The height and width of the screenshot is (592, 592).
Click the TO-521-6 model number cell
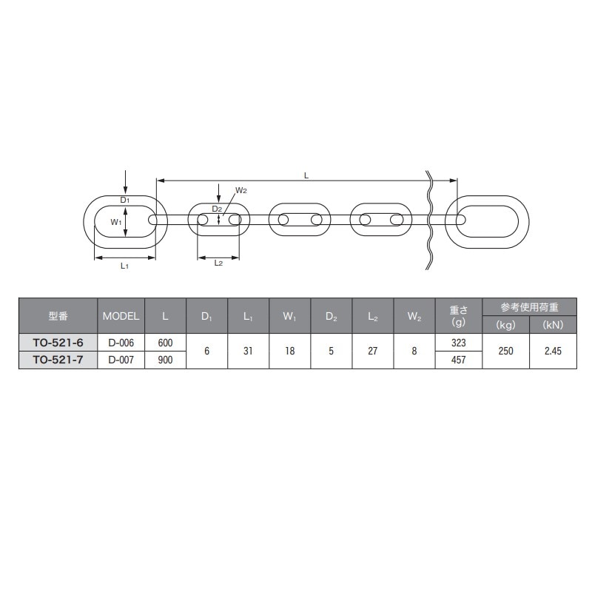(x=58, y=343)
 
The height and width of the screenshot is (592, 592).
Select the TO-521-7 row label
(x=58, y=360)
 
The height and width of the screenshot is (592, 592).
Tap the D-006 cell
(x=121, y=343)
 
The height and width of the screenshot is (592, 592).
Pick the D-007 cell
(x=121, y=360)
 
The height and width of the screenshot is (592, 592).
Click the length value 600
(x=165, y=343)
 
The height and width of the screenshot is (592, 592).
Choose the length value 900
(x=165, y=360)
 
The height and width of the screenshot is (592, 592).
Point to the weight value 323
(x=458, y=343)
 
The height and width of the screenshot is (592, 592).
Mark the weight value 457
(x=458, y=360)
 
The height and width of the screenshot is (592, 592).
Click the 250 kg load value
(x=505, y=351)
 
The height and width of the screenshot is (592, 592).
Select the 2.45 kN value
(x=553, y=351)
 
